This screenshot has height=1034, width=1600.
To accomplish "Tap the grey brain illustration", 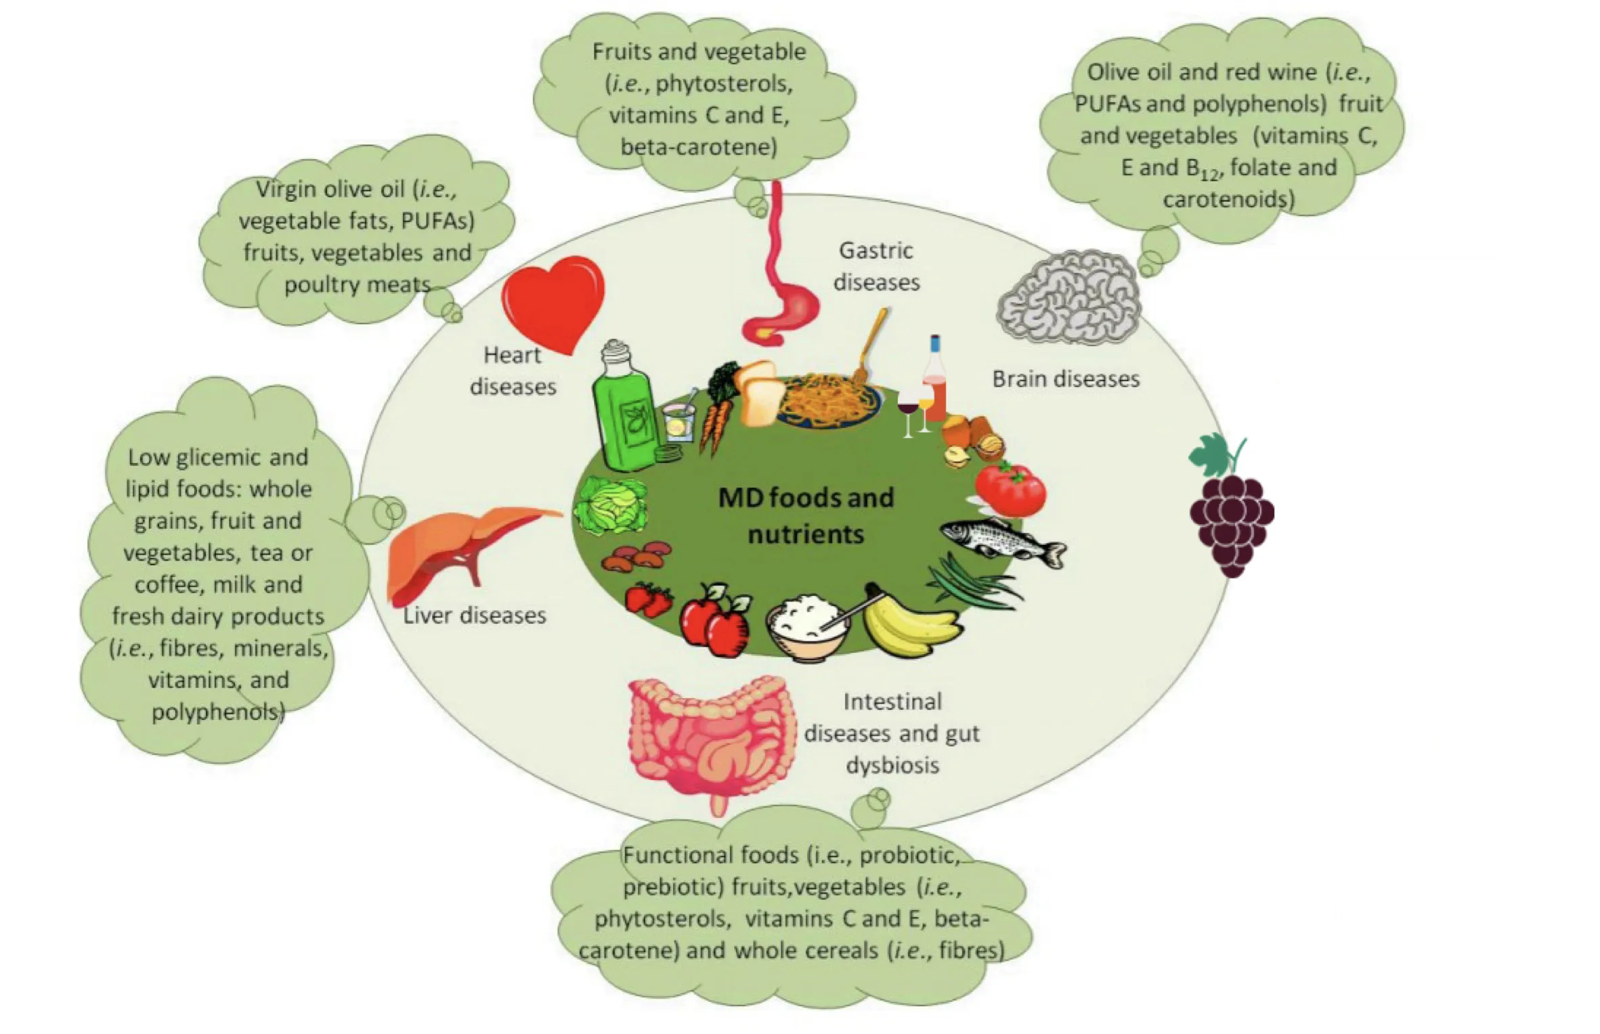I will point(1068,296).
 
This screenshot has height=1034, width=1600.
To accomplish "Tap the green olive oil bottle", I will point(624,413).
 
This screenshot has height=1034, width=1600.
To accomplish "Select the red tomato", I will point(1010,489).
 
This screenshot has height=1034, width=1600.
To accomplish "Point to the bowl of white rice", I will point(807,624).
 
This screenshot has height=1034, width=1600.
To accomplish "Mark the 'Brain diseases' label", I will point(1066,379).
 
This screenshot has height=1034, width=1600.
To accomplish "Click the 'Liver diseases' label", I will point(475,615).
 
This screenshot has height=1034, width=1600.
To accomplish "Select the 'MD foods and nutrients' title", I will point(806,516).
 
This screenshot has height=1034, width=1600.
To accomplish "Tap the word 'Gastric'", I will point(876,251).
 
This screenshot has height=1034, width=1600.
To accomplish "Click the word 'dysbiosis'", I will point(892,765).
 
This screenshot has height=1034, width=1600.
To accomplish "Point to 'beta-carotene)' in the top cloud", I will point(699,147).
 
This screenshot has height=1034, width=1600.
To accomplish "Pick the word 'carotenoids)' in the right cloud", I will point(1229,199).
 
